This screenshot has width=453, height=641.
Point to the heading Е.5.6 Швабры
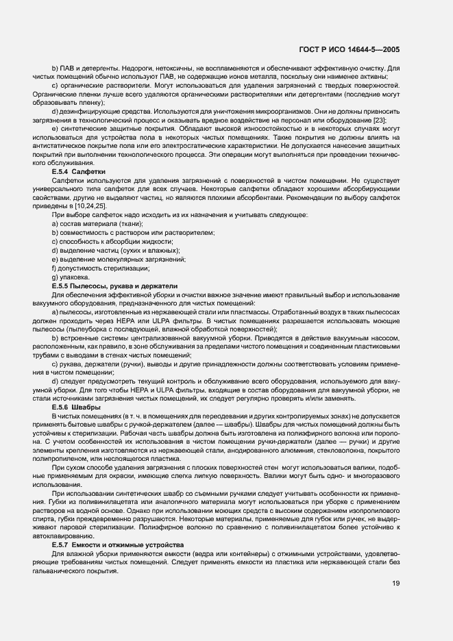pyautogui.click(x=75, y=407)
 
